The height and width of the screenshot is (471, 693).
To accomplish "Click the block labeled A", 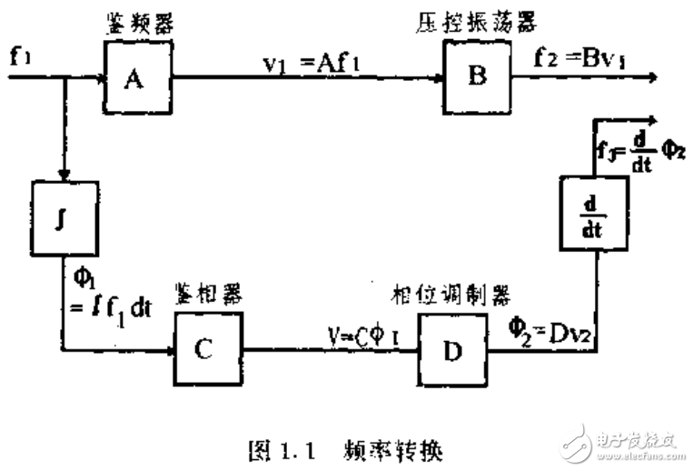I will click(136, 78).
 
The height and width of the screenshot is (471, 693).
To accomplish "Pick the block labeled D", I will click(451, 348).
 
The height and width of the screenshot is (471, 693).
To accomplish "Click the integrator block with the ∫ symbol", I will click(63, 216).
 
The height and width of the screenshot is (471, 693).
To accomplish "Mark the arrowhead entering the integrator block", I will click(63, 175).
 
